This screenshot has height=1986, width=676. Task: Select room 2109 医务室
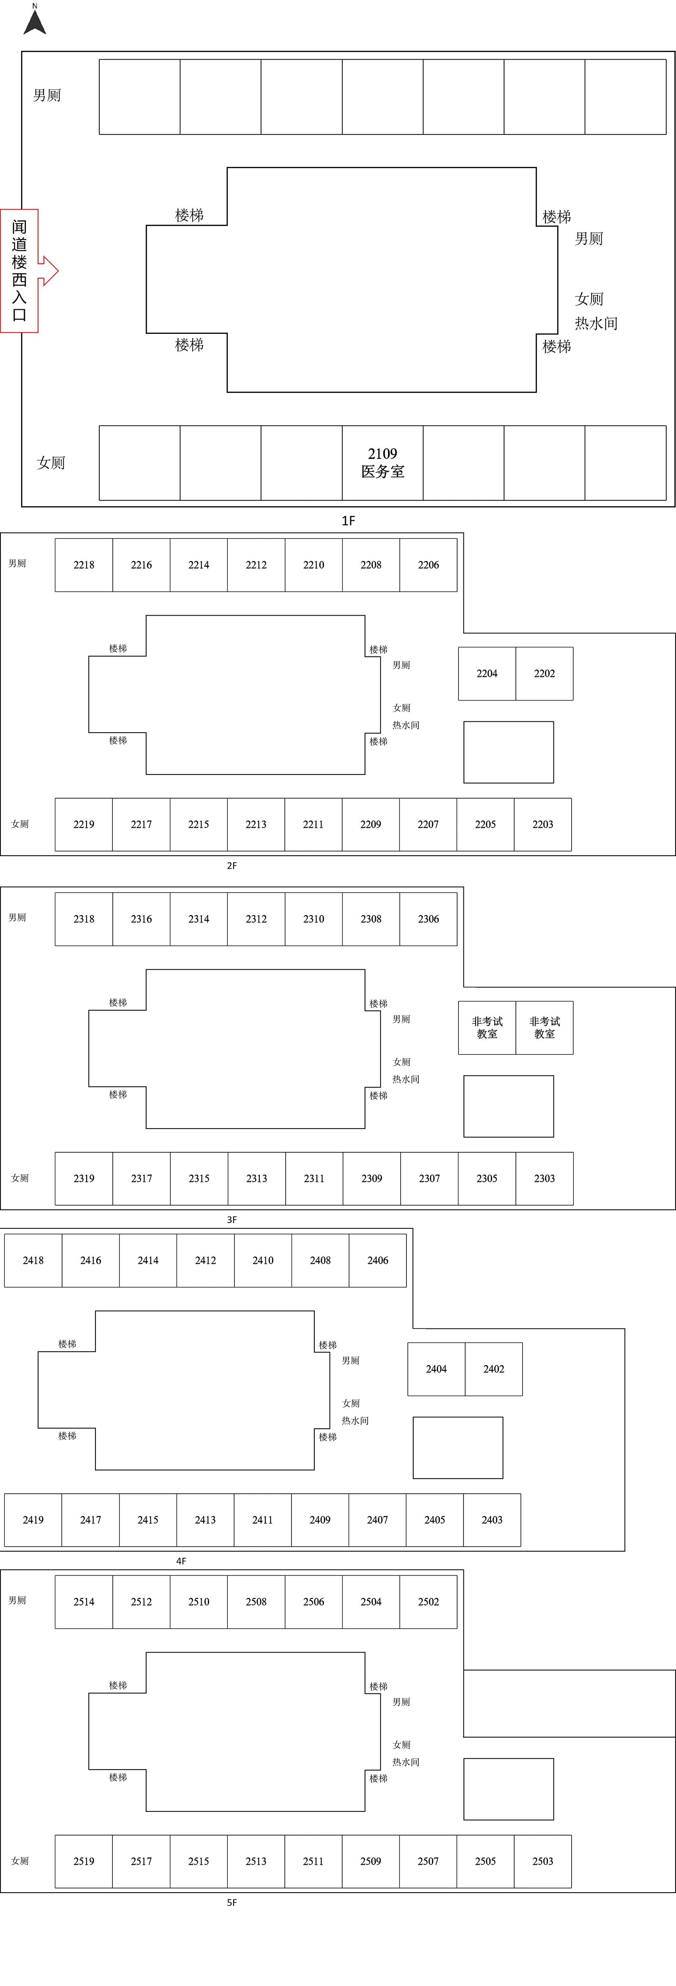(x=382, y=463)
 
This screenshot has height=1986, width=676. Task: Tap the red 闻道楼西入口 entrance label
(x=20, y=270)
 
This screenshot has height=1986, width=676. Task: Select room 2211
(x=313, y=824)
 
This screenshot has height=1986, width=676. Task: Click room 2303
(x=544, y=1178)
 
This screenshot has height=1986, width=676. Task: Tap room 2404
(x=436, y=1369)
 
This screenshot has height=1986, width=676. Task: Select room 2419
(x=33, y=1520)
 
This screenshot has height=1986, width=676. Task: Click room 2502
(x=428, y=1601)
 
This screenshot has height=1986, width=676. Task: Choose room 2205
(x=485, y=824)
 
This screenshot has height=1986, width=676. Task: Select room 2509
(x=371, y=1861)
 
